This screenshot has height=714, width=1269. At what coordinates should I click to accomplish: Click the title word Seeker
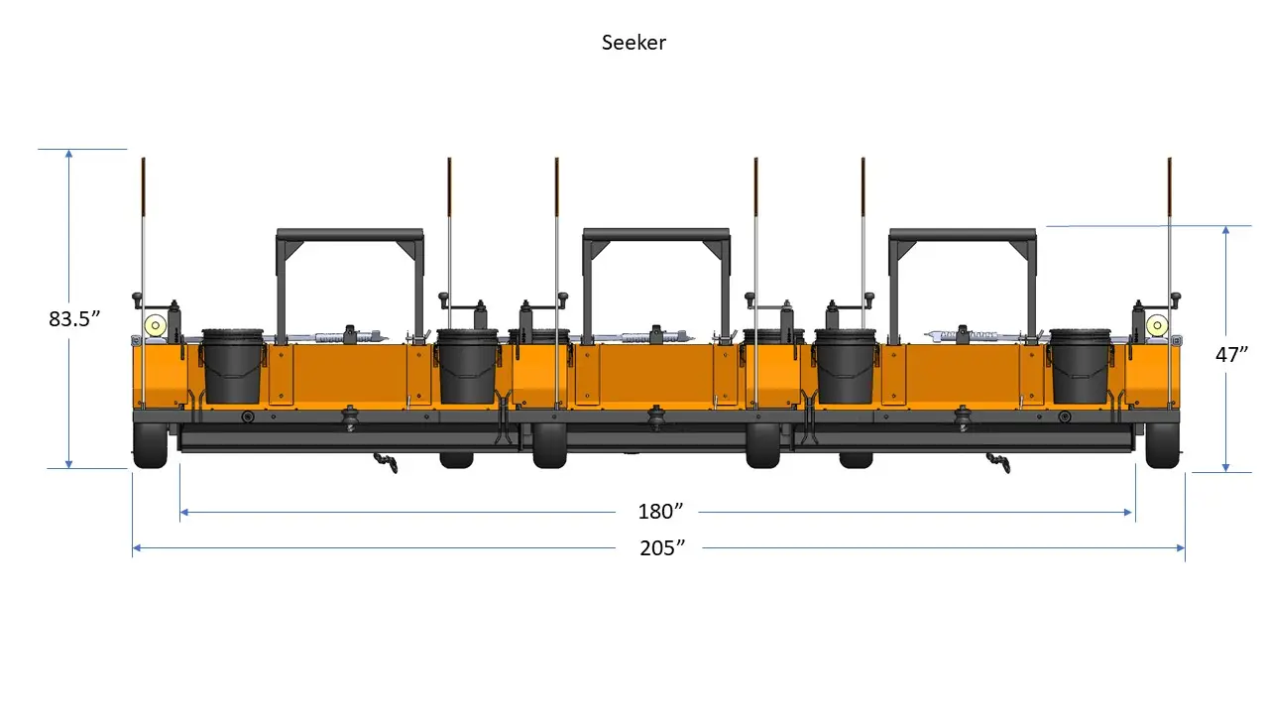634,43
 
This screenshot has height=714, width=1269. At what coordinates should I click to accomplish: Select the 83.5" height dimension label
75,319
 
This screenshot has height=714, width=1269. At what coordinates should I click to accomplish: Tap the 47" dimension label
1231,354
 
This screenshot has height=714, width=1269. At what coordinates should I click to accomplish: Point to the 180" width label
661,512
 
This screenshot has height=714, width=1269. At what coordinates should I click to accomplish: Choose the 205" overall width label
662,547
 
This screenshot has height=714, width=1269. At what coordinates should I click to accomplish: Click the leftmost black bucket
233,366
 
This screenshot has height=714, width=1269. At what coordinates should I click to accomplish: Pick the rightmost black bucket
1081,366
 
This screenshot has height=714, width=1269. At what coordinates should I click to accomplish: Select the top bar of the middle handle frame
655,235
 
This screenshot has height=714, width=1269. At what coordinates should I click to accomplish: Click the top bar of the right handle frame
962,235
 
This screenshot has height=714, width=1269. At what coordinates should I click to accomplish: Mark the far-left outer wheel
150,447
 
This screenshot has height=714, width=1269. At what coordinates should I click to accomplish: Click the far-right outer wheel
1161,447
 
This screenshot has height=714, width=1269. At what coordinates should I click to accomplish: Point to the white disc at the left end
155,324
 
